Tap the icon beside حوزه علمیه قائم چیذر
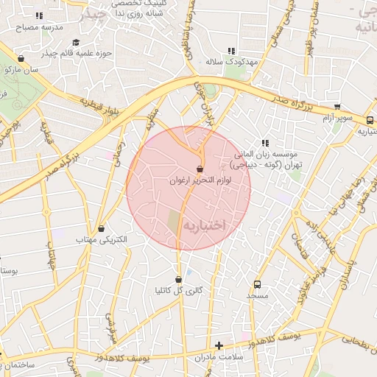[x=77, y=42]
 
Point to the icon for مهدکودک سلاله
[x=232, y=51]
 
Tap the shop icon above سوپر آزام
[x=337, y=107]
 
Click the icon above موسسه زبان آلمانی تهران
[x=264, y=143]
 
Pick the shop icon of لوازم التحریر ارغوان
[x=200, y=169]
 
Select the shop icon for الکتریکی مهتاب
[x=102, y=228]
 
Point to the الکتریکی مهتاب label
[x=101, y=240]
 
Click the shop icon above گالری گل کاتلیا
[x=179, y=279]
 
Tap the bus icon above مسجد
[x=257, y=284]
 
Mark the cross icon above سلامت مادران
[x=218, y=345]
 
